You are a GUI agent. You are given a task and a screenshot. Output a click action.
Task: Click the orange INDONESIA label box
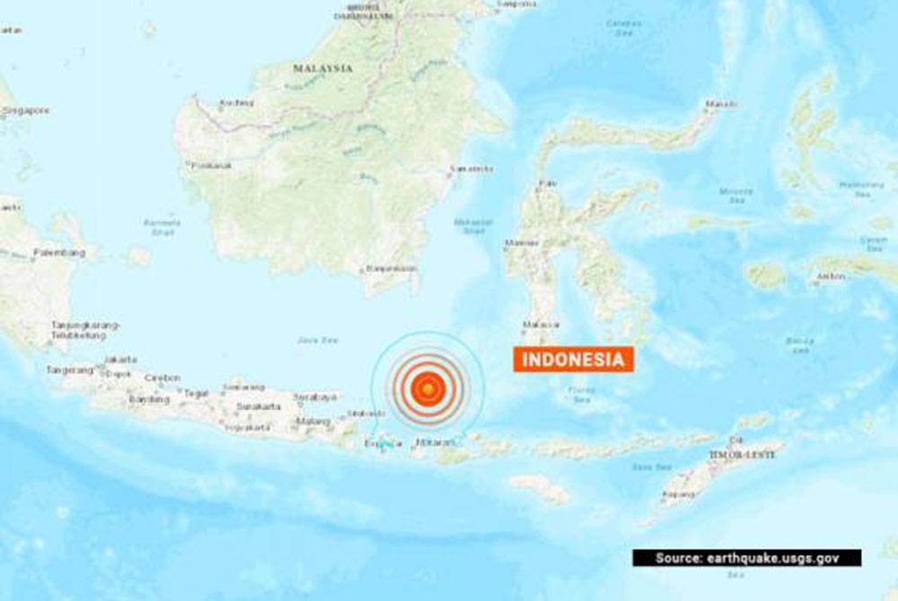point(574,360)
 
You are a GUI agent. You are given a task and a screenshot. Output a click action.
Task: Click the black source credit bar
point(746,558)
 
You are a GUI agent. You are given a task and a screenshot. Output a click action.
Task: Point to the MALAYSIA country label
point(322,68)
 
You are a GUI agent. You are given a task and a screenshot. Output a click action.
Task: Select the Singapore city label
point(25,110)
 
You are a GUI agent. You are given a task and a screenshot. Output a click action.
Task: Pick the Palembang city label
point(59,253)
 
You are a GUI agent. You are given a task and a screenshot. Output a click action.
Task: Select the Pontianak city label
point(212,165)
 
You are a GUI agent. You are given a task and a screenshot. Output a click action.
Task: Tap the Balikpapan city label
point(392,268)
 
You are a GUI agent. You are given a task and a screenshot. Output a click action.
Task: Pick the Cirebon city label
point(163,378)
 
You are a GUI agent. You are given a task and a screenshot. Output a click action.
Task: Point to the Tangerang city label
point(70,370)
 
